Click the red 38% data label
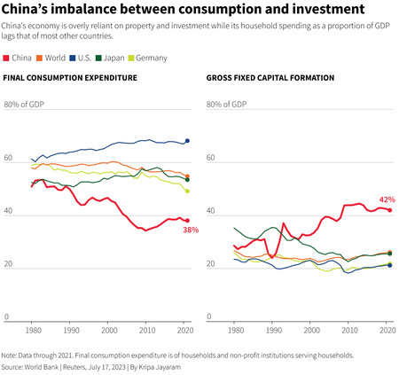coord(190,230)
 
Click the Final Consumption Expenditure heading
coord(70,79)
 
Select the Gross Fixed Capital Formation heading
coord(270,79)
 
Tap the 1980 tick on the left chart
coord(33,330)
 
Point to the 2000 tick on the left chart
coord(110,330)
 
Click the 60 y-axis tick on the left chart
coord(9,159)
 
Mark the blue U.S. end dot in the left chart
coord(187,141)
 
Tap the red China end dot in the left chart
coord(187,221)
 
